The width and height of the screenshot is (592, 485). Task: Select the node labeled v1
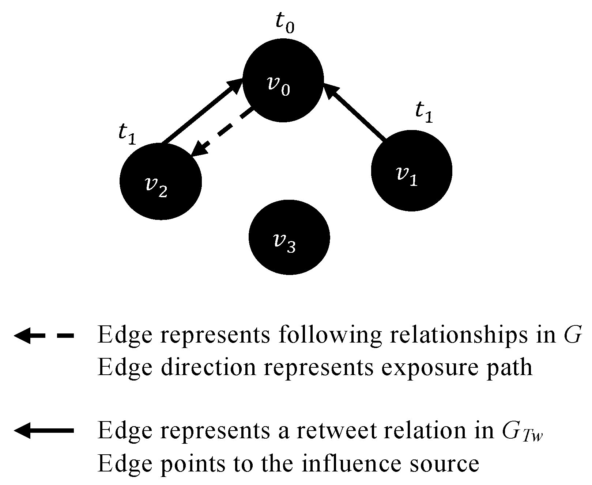pos(411,171)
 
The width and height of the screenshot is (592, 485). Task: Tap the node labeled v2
pos(161,181)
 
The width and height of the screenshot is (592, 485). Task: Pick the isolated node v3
pos(289,237)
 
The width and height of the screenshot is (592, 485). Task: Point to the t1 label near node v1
pos(424,113)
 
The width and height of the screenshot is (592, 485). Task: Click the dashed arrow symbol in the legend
pos(44,335)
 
